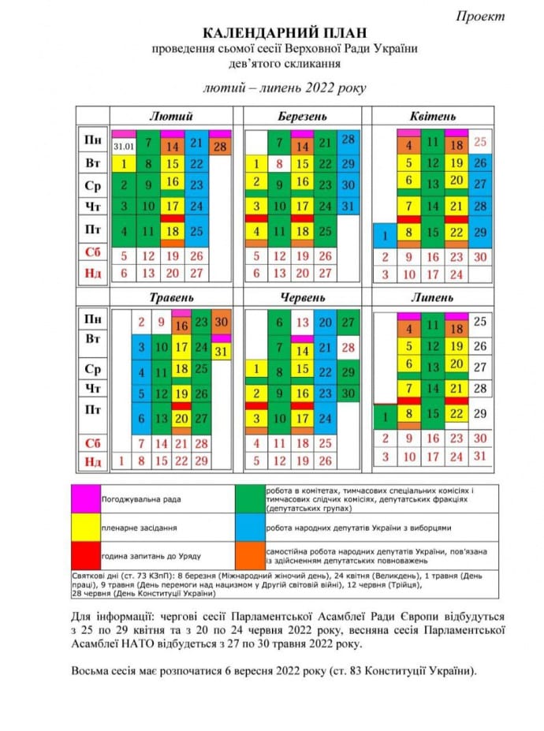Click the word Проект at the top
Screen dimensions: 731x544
pos(480,16)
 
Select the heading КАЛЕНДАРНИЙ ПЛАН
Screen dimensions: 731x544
pos(275,34)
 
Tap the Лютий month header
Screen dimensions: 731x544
pos(171,116)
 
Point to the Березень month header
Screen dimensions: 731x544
pos(302,116)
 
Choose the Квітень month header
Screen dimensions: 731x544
pos(432,116)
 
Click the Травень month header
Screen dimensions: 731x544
pos(172,297)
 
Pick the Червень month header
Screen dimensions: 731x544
pos(302,297)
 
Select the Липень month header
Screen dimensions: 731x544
pos(432,297)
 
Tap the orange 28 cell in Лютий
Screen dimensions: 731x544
pos(220,147)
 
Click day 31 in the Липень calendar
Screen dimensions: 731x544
pos(481,456)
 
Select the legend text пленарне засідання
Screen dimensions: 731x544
pos(138,526)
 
